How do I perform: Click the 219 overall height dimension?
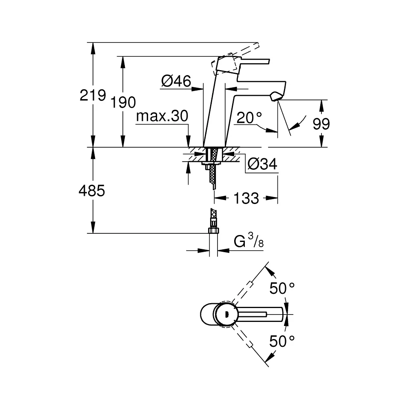(x=93, y=95)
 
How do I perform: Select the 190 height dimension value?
(x=123, y=102)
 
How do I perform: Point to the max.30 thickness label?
(x=162, y=116)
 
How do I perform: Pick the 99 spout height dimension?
(x=321, y=124)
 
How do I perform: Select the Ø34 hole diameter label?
(x=262, y=164)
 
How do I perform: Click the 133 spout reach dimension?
(x=246, y=198)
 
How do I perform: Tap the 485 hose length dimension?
(x=92, y=191)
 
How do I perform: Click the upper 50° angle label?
(x=282, y=288)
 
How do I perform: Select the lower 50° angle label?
(x=282, y=341)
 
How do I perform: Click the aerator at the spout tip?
(x=275, y=96)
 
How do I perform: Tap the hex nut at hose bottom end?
(x=213, y=230)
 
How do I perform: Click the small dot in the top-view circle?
(x=226, y=314)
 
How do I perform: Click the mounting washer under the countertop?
(x=211, y=163)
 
